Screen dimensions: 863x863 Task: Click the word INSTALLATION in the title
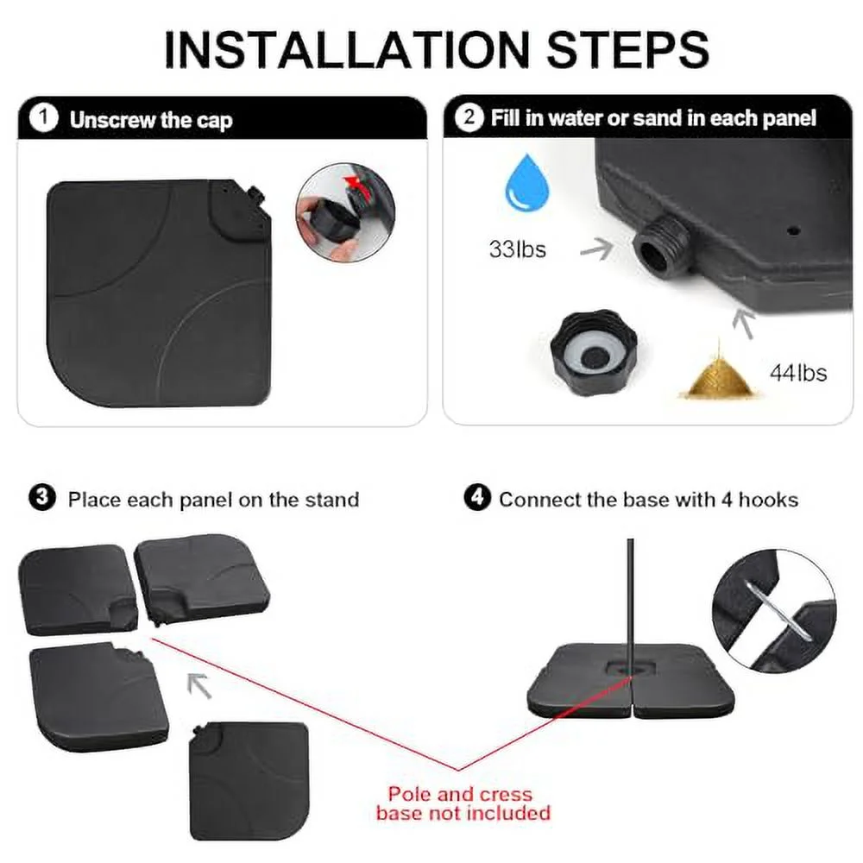pyautogui.click(x=347, y=49)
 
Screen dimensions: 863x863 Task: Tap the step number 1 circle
pyautogui.click(x=43, y=118)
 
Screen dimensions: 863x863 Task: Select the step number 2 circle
pyautogui.click(x=469, y=117)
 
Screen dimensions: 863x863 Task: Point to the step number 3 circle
pyautogui.click(x=41, y=498)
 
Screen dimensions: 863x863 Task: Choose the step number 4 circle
pyautogui.click(x=477, y=498)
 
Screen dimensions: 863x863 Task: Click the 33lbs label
pyautogui.click(x=517, y=249)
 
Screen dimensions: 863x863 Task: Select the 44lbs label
pyautogui.click(x=798, y=373)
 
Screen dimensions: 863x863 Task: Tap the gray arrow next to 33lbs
pyautogui.click(x=597, y=249)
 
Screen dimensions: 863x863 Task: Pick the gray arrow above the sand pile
pyautogui.click(x=744, y=323)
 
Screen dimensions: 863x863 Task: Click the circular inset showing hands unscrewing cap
pyautogui.click(x=345, y=212)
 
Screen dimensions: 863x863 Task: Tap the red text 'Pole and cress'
pyautogui.click(x=460, y=794)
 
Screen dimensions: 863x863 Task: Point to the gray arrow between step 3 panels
pyautogui.click(x=199, y=685)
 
